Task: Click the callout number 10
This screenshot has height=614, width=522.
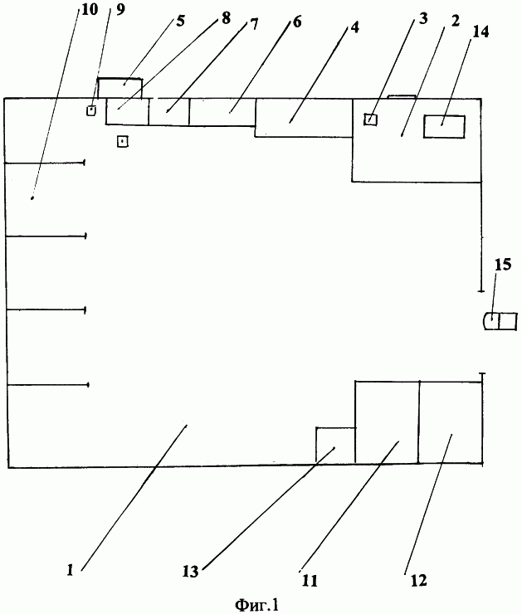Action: tap(90, 9)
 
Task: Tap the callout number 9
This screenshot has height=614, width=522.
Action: tap(120, 10)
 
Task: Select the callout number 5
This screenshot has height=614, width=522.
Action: tap(180, 21)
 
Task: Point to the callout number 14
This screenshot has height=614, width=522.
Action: tap(481, 32)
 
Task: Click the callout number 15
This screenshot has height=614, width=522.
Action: tap(503, 265)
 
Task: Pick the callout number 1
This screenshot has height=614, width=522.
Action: tap(70, 570)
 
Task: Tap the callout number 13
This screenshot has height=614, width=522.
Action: tap(190, 572)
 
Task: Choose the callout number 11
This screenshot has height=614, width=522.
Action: tap(310, 581)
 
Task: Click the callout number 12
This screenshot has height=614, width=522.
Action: tap(418, 580)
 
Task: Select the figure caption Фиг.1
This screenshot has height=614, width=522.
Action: tap(257, 605)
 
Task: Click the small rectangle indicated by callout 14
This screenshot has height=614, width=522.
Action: tap(444, 126)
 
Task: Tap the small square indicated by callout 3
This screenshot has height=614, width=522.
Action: tap(370, 119)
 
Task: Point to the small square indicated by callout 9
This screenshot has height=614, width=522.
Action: tap(91, 111)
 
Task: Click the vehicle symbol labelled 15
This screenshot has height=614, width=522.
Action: tap(500, 321)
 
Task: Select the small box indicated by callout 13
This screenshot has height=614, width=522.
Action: tap(335, 446)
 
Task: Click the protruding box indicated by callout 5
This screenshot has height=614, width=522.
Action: tap(120, 88)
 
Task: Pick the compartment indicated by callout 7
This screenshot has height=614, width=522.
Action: tap(168, 112)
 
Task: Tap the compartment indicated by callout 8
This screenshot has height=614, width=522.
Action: tap(127, 112)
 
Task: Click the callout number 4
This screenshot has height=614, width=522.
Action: tap(354, 28)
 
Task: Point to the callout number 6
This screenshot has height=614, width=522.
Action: tap(297, 22)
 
